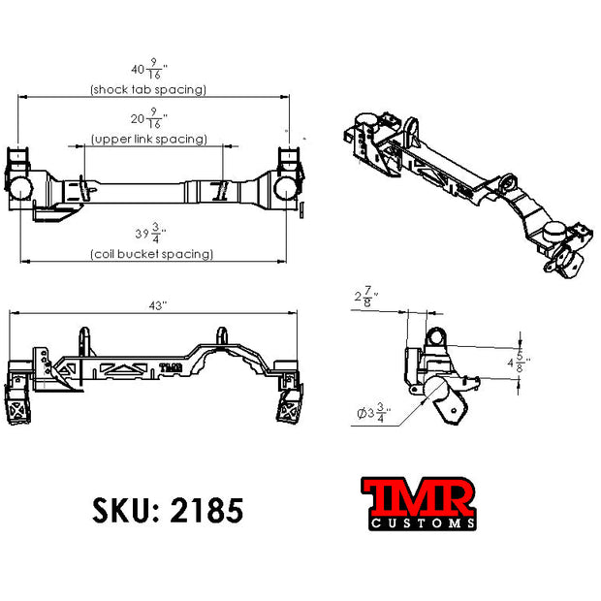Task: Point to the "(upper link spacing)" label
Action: click(x=149, y=140)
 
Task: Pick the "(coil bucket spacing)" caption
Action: click(x=151, y=254)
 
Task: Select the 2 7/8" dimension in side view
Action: click(x=364, y=295)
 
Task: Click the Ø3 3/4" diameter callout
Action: click(x=371, y=415)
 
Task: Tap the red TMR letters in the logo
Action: click(x=419, y=497)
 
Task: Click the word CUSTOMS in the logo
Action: click(x=420, y=523)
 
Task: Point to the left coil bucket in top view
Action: click(x=18, y=187)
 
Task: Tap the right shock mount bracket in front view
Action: click(x=290, y=406)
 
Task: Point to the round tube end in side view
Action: click(x=435, y=336)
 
